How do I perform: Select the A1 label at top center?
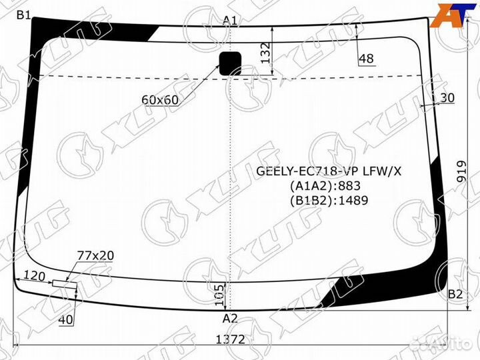[x=231, y=20]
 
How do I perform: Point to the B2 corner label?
[x=455, y=294]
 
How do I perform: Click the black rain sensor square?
[x=231, y=63]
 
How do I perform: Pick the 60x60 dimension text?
[x=160, y=99]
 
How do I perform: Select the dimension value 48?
[x=366, y=59]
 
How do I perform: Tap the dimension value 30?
[x=447, y=98]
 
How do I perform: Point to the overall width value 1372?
[x=230, y=339]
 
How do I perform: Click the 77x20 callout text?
[x=95, y=255]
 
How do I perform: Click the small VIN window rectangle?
[x=65, y=283]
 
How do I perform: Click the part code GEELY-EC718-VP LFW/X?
[x=329, y=171]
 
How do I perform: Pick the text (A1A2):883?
[x=329, y=185]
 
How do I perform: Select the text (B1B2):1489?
[x=329, y=199]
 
